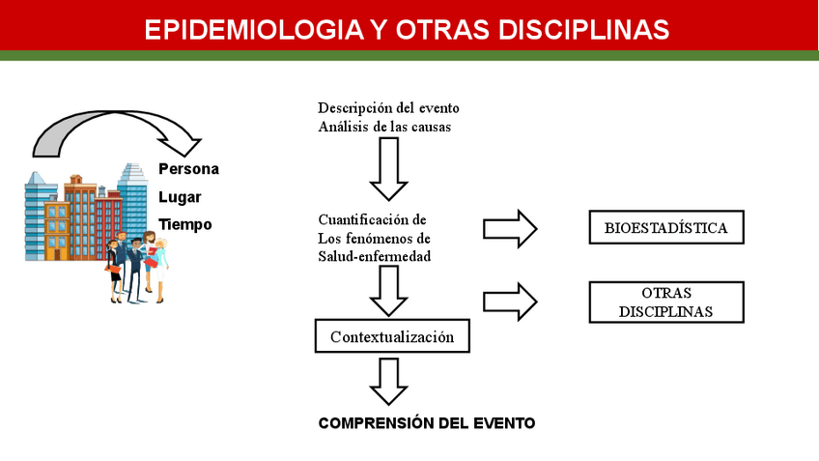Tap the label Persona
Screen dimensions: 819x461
point(188,169)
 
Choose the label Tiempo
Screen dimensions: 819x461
point(184,224)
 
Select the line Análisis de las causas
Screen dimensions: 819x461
point(383,126)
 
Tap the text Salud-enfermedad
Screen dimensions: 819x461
point(374,255)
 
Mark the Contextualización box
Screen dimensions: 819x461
point(391,337)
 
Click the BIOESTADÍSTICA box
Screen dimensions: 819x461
point(665,228)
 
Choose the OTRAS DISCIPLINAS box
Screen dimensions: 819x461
point(665,302)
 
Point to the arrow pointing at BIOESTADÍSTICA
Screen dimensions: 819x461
point(510,228)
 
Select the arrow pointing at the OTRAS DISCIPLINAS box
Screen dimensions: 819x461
point(510,301)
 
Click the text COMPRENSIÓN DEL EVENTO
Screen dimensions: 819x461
point(426,423)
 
